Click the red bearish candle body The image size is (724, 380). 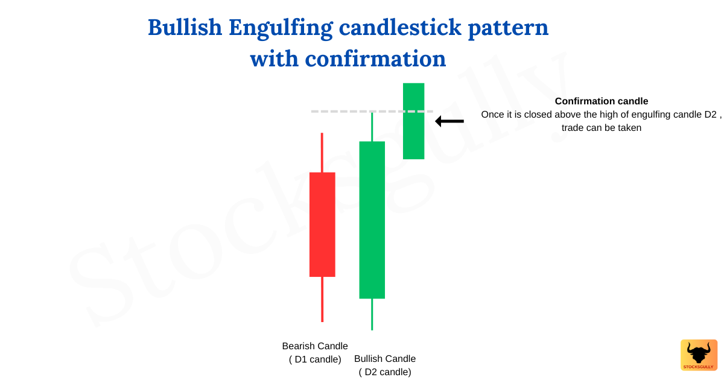point(322,224)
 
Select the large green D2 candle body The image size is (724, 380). point(372,220)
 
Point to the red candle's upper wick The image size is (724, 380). point(322,153)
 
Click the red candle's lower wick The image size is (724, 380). point(322,299)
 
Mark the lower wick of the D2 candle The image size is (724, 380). point(372,314)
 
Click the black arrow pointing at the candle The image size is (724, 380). point(449,121)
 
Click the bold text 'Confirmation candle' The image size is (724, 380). point(602,101)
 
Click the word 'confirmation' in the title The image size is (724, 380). point(375,59)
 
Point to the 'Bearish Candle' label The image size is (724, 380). point(315,346)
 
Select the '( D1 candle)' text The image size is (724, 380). point(315,359)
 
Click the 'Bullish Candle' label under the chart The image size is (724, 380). point(385,359)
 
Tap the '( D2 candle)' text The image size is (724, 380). point(385,372)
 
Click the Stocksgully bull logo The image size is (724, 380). point(699,355)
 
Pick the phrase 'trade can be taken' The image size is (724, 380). point(602,127)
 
